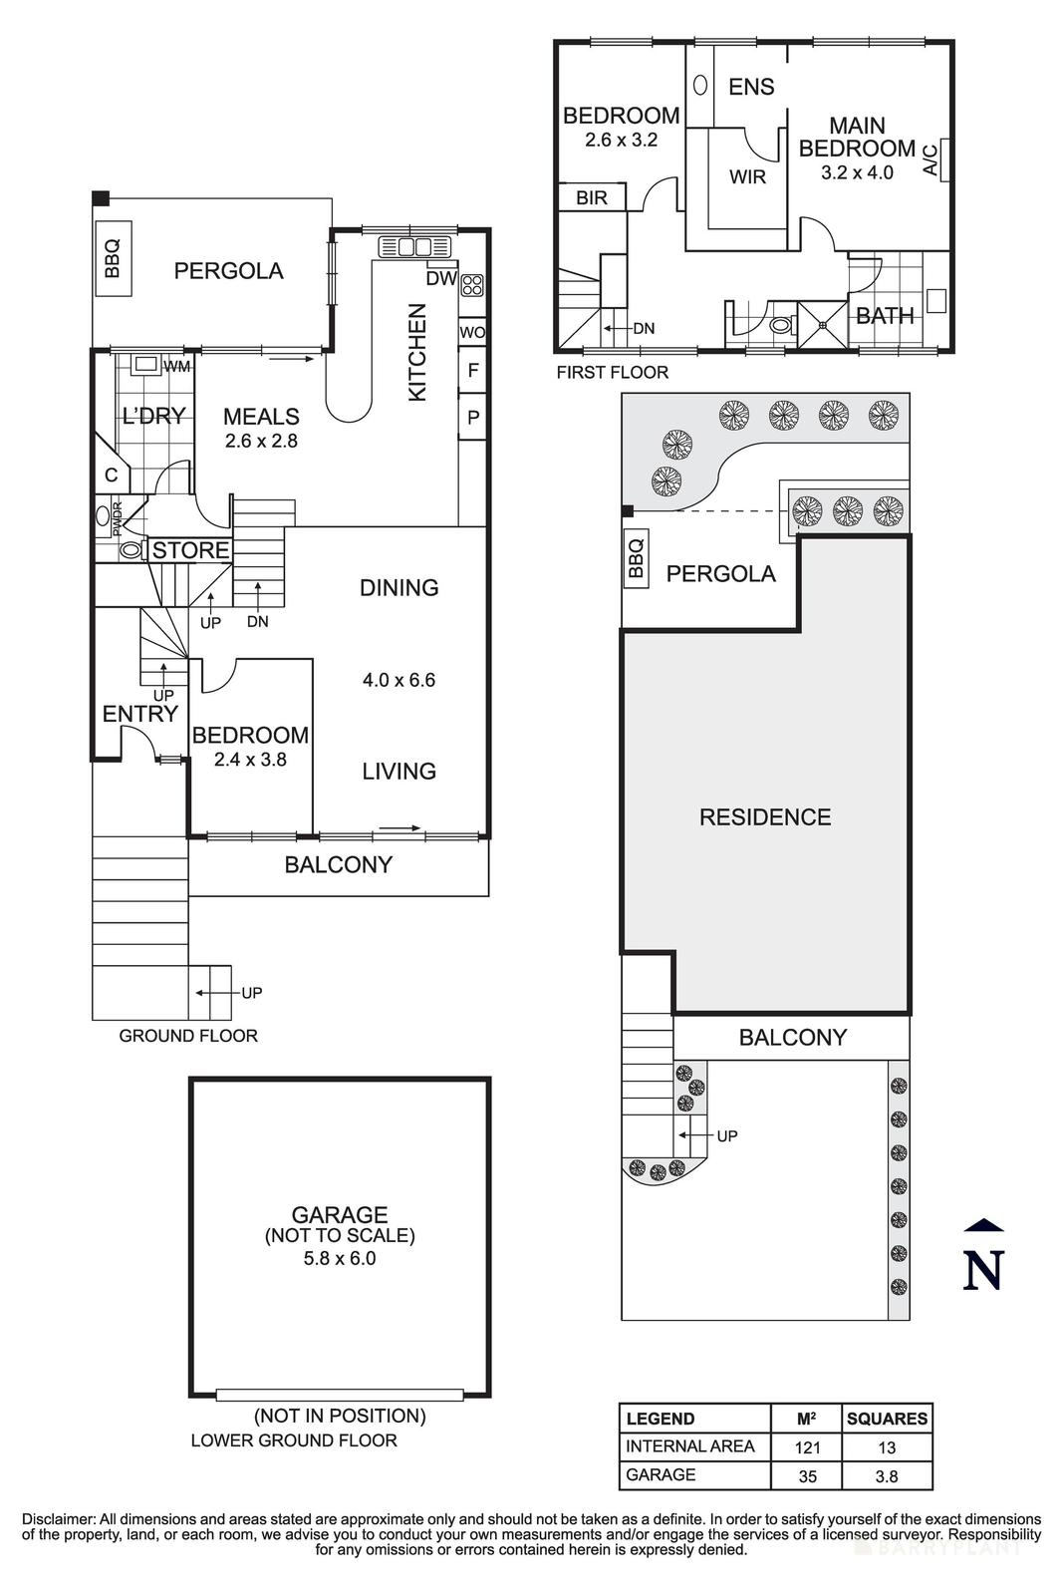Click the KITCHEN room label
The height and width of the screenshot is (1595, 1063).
click(417, 352)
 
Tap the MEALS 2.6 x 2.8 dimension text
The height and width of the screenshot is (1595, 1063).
click(261, 441)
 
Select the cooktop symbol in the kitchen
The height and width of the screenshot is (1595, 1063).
click(472, 285)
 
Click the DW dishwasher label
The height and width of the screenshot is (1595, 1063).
click(441, 278)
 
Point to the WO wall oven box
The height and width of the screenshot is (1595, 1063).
click(472, 332)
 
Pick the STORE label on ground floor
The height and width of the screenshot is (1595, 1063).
click(190, 550)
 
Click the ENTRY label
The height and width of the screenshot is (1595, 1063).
click(140, 714)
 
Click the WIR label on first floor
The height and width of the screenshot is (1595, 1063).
click(747, 176)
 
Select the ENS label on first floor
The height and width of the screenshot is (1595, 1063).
click(751, 87)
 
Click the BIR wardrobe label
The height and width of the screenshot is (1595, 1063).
click(591, 197)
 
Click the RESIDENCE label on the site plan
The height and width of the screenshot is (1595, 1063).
click(765, 816)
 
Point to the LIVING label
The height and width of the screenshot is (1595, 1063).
click(399, 772)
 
